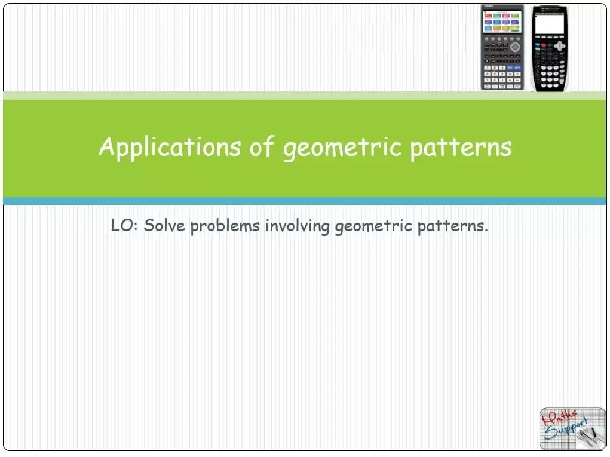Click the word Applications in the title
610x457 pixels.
point(168,147)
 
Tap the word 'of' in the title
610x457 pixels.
point(260,147)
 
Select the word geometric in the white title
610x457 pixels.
point(342,147)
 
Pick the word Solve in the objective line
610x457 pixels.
point(165,226)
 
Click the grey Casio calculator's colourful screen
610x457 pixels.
point(502,22)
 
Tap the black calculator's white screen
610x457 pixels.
point(549,24)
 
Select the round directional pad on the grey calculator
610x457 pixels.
point(514,46)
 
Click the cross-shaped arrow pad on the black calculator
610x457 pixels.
point(559,45)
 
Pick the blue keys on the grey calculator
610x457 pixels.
point(513,68)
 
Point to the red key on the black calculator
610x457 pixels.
point(538,45)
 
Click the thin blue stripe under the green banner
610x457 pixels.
point(305,201)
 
